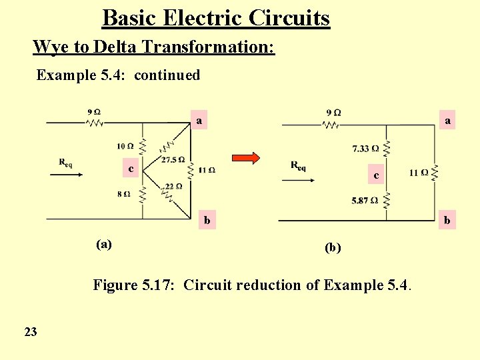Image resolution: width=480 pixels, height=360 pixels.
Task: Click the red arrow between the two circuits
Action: click(x=245, y=158)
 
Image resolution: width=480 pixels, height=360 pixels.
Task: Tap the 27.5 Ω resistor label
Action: click(x=173, y=160)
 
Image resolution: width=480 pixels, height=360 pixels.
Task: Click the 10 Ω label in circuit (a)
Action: click(x=124, y=146)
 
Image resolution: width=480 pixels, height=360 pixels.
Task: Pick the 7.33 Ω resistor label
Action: click(x=366, y=148)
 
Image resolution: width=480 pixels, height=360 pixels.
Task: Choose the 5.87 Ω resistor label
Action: click(x=365, y=200)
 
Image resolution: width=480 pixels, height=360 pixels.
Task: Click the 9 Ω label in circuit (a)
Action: click(x=94, y=112)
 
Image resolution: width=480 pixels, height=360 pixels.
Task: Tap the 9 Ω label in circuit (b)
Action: click(x=334, y=113)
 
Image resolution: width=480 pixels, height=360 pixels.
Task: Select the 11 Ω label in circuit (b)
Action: click(x=419, y=173)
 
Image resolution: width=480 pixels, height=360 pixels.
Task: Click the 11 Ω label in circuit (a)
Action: click(x=207, y=170)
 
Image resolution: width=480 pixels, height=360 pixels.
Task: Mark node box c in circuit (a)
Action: click(x=131, y=169)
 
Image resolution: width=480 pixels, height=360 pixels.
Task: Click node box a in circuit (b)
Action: click(x=447, y=121)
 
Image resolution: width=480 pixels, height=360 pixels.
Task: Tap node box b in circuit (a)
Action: click(x=207, y=219)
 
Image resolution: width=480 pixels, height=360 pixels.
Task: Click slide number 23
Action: click(x=31, y=331)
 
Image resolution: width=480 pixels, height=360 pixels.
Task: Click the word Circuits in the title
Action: click(x=289, y=17)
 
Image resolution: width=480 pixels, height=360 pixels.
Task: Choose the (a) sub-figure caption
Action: click(x=103, y=244)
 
